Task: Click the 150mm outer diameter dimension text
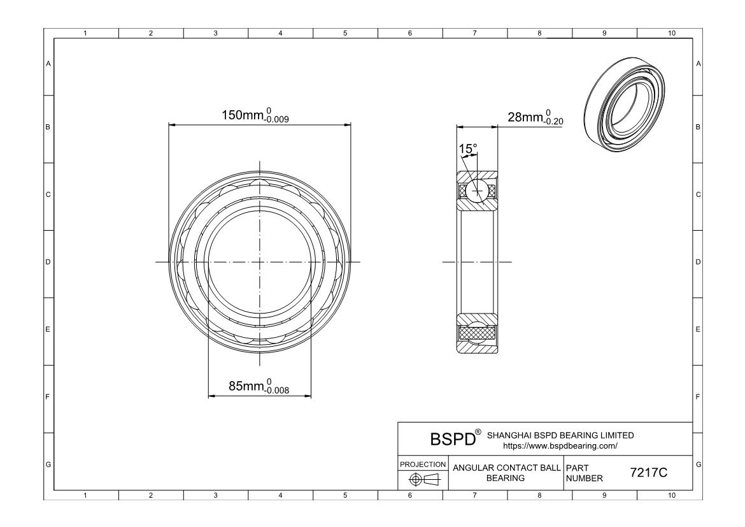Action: click(x=255, y=115)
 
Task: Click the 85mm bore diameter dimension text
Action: click(x=259, y=386)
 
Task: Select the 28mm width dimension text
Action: click(x=536, y=117)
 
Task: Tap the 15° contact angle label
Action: click(x=467, y=149)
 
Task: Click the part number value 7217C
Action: click(x=649, y=473)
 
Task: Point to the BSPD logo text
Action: click(x=452, y=439)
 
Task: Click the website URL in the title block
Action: click(x=560, y=446)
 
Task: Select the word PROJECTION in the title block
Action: click(x=422, y=464)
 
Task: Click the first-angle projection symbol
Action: click(x=425, y=480)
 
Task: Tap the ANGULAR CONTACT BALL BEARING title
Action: click(x=506, y=473)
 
